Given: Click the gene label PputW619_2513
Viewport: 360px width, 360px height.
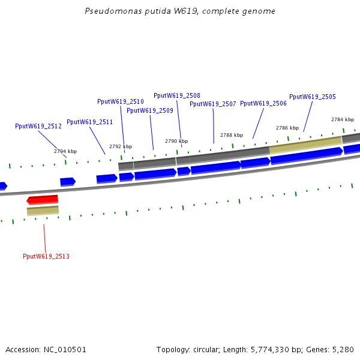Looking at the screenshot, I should point(46,256).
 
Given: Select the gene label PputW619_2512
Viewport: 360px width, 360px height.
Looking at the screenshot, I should point(38,127).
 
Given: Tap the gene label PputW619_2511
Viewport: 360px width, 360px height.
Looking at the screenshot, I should point(89,122).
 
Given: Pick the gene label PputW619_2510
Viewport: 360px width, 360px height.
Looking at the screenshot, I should point(121,101).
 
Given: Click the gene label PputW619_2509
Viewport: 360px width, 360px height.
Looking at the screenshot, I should point(150,110).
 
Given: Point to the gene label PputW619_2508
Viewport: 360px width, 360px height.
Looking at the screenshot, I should point(177,95).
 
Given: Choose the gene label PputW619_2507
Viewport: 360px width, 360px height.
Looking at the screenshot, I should point(213,104).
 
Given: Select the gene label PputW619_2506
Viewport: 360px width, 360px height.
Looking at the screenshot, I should point(263,103).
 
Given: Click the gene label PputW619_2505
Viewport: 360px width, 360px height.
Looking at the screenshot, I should point(313,97).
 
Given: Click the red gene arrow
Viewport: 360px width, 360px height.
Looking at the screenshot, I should point(43,199).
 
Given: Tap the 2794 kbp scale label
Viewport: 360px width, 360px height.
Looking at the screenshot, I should point(65,151).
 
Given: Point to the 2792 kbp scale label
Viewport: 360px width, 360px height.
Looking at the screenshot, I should point(121,146).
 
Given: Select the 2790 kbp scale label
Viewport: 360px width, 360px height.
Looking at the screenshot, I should point(176,141).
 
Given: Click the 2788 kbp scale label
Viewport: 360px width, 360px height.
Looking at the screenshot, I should point(232,135).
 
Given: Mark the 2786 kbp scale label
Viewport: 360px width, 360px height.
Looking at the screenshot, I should point(287,128).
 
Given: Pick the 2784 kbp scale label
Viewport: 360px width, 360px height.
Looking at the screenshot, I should point(343,119).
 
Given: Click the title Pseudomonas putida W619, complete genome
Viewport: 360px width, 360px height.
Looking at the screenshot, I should point(180,11).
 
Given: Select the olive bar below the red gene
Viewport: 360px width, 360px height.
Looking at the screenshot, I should point(43,211).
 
